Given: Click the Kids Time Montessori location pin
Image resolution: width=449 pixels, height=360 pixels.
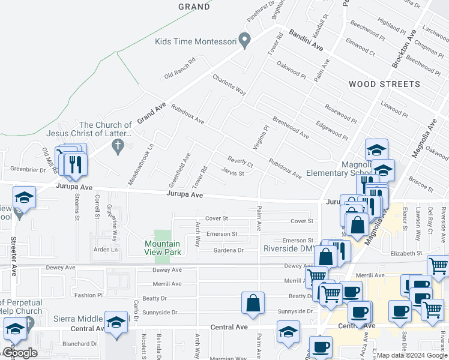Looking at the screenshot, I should [x=244, y=41].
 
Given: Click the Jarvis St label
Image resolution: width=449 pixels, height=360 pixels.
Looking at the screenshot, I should [x=232, y=173].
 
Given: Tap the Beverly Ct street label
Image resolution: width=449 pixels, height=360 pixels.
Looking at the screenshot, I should [x=240, y=161].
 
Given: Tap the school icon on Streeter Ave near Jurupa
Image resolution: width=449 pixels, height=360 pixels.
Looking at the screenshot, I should [x=24, y=198].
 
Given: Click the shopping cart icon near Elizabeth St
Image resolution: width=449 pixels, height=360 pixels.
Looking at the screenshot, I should [x=438, y=266].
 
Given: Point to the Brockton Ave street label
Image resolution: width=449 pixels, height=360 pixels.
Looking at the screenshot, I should [x=401, y=50].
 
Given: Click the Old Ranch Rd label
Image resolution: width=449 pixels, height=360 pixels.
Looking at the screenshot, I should [x=181, y=69].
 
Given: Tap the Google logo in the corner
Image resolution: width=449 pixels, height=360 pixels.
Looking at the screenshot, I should [x=19, y=353].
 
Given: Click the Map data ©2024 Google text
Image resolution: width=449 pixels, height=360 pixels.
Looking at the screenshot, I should [x=412, y=355].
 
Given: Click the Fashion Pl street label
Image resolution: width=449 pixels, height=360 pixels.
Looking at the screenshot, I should [x=89, y=295].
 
